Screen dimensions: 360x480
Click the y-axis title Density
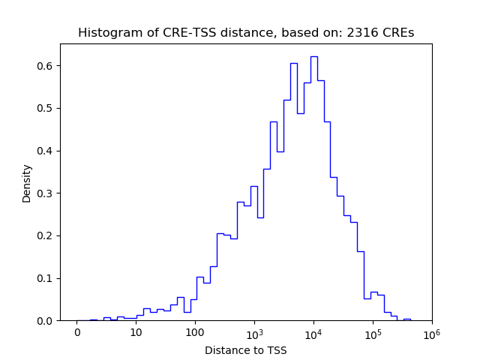[x=27, y=183]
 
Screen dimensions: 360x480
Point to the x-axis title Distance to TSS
[x=246, y=350]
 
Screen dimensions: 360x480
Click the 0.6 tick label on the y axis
[x=44, y=66]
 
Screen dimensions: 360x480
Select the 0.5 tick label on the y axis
[x=44, y=108]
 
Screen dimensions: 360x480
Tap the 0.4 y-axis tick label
[x=44, y=151]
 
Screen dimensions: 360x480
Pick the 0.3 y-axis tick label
[x=44, y=193]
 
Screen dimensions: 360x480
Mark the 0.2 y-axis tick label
[x=44, y=235]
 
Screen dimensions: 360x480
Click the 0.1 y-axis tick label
[x=44, y=278]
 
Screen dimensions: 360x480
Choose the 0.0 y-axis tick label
[x=44, y=321]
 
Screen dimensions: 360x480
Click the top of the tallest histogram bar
[x=313, y=56]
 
